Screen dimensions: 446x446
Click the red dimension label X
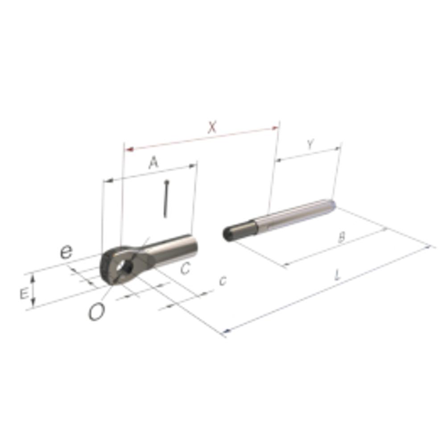(x=212, y=127)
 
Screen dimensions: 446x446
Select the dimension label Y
(x=310, y=145)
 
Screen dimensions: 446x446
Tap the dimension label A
(x=153, y=163)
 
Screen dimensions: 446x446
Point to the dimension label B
(x=342, y=237)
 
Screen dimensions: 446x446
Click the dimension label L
(x=338, y=275)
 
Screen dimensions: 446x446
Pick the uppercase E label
(x=24, y=293)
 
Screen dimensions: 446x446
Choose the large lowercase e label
(x=66, y=252)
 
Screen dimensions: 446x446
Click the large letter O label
(x=97, y=312)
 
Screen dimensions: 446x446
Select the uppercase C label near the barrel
(x=185, y=268)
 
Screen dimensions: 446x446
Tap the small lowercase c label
(x=223, y=281)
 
